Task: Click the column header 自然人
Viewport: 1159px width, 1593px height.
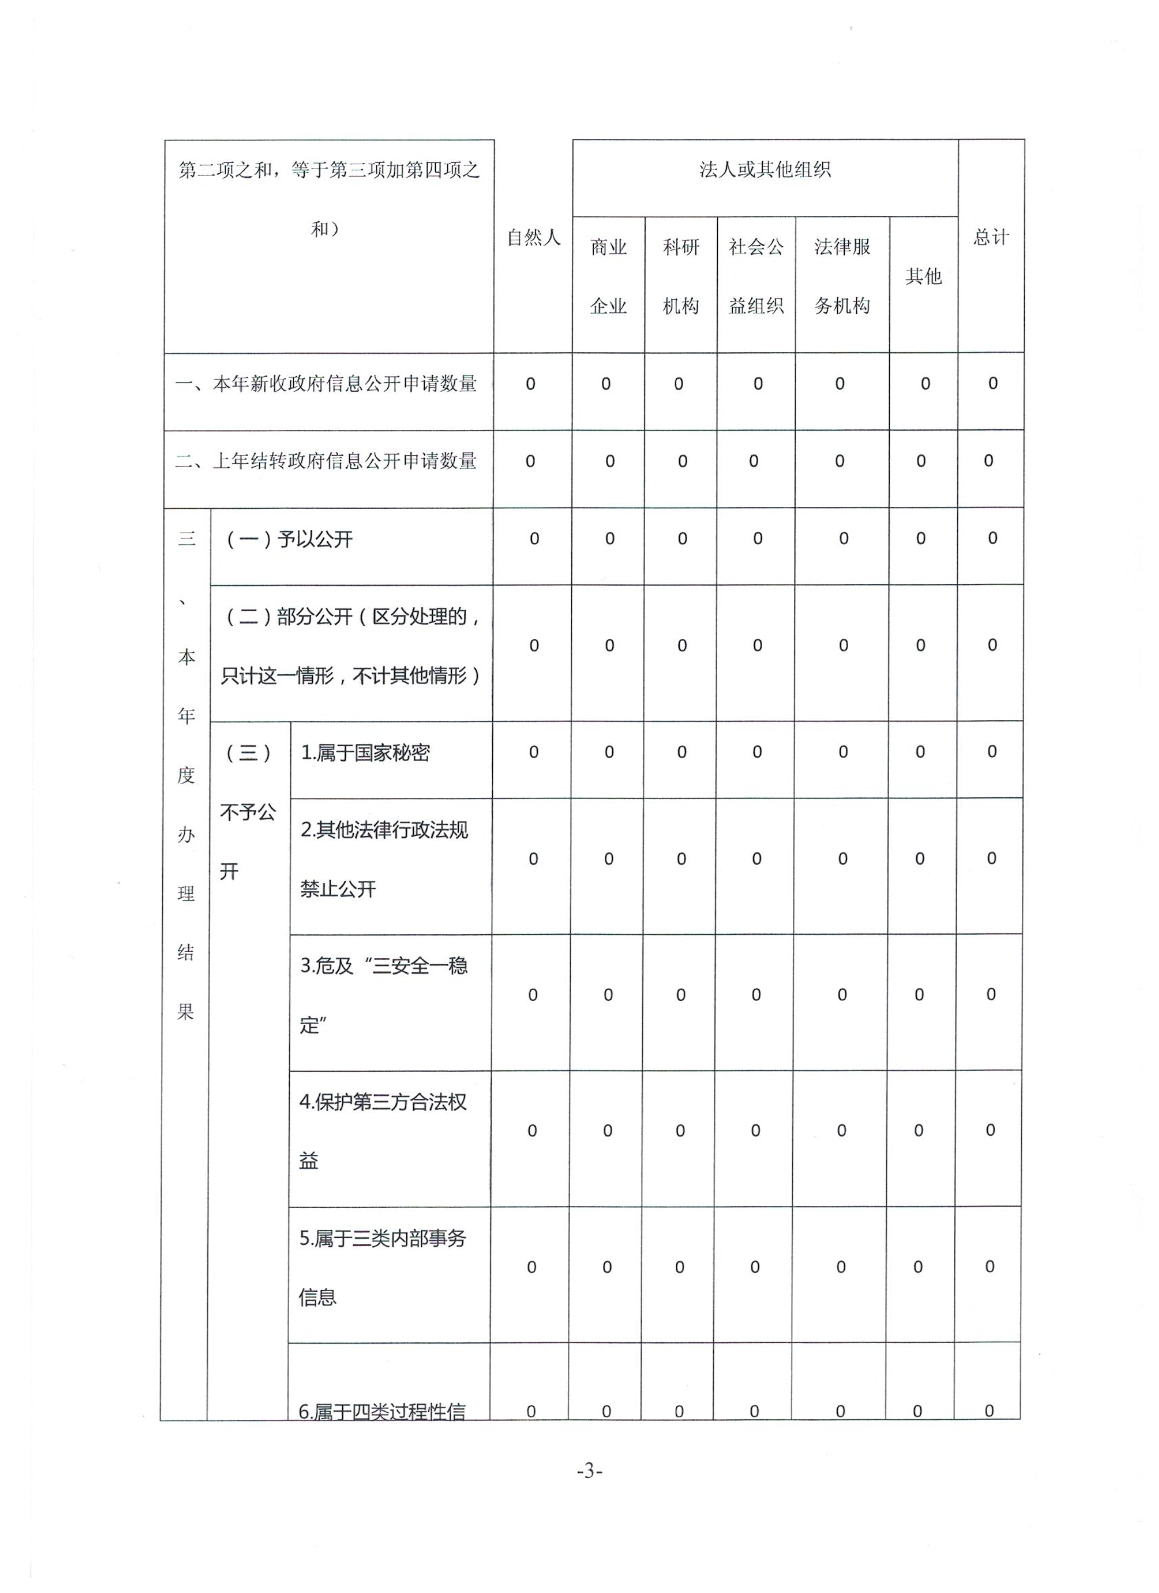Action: (533, 238)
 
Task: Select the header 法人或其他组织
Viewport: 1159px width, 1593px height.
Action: (765, 170)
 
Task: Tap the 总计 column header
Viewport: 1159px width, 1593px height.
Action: (991, 238)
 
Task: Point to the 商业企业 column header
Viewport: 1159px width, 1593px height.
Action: (608, 276)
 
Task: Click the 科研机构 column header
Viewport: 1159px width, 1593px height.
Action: (680, 276)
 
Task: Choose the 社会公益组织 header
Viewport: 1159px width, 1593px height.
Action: (756, 276)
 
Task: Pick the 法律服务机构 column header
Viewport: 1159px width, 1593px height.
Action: (842, 276)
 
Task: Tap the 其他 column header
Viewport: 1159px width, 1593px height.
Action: (923, 276)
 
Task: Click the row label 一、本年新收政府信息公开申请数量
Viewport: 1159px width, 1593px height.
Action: (327, 384)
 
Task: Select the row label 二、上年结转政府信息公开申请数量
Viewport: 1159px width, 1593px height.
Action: (327, 461)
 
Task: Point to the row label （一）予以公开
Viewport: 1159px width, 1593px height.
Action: (289, 540)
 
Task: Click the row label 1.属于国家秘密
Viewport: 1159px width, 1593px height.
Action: (365, 753)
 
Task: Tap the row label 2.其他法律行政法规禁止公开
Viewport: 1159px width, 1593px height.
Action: (384, 859)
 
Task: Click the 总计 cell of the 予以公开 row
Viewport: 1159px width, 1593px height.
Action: (993, 539)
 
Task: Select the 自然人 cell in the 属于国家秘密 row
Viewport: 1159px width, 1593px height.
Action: (533, 752)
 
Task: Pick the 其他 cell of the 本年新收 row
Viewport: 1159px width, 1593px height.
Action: (925, 384)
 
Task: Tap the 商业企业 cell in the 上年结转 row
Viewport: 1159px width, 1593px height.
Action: (609, 461)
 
